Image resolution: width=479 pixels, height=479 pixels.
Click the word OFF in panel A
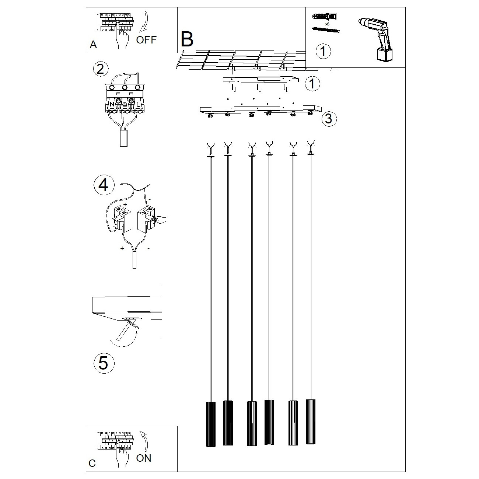146,40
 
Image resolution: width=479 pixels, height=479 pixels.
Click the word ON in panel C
144,458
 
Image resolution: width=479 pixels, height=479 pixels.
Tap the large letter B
187,39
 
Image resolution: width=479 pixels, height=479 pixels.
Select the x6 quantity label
327,24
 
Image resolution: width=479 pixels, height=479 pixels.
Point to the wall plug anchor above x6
325,17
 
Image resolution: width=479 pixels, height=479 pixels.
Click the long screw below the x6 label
326,30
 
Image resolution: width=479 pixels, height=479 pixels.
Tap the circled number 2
101,69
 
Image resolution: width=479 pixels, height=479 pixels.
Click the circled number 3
329,119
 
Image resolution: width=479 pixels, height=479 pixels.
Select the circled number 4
104,185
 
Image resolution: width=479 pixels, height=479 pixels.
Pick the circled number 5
104,363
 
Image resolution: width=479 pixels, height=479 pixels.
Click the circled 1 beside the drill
323,51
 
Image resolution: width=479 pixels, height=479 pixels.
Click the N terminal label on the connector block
112,105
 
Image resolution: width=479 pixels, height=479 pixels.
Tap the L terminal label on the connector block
138,105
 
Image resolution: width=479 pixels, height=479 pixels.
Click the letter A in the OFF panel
93,45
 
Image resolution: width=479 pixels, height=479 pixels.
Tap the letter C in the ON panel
92,463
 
